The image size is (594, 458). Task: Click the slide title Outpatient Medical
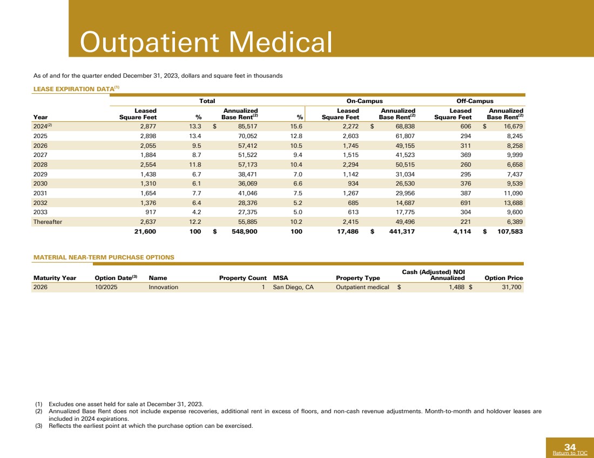[205, 42]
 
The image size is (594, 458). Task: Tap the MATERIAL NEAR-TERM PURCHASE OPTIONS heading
[104, 257]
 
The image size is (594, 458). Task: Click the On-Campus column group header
[364, 101]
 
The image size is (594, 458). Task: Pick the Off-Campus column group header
[475, 101]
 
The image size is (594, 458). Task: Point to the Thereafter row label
[48, 221]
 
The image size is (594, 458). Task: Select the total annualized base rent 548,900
[242, 231]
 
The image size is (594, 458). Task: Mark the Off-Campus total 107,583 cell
[507, 231]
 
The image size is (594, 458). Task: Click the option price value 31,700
[511, 288]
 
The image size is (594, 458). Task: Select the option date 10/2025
[106, 288]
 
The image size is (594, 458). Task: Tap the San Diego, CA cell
[293, 288]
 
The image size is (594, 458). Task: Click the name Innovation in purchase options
[163, 288]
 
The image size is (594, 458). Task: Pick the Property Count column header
[242, 278]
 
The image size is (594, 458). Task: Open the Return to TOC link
[573, 453]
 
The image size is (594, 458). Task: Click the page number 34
[570, 447]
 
